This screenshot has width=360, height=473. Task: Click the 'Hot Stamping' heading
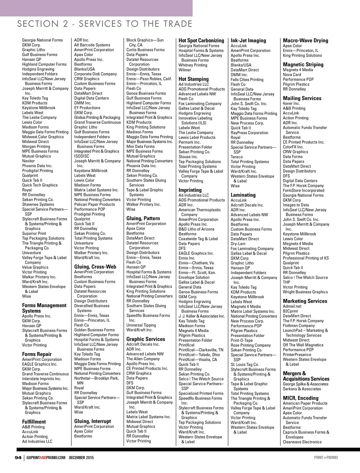(x=193, y=79)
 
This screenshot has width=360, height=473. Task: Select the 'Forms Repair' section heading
(x=37, y=354)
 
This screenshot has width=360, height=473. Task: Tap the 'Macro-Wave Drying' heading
(x=306, y=40)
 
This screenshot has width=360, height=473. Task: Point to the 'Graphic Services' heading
(x=146, y=339)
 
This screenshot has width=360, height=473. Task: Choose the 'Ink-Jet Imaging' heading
(x=248, y=40)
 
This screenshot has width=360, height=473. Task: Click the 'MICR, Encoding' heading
(x=301, y=398)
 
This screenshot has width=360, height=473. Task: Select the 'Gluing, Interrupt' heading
(x=92, y=421)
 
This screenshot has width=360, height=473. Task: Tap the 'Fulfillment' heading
(x=34, y=422)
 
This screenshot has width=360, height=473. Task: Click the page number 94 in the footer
(x=18, y=458)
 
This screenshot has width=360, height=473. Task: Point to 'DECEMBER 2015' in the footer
(x=81, y=458)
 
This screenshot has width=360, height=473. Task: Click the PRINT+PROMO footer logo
(x=326, y=458)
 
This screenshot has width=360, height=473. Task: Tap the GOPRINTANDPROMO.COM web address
(x=46, y=458)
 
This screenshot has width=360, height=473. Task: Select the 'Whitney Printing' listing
(x=193, y=65)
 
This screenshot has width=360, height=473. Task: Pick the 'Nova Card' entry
(x=292, y=75)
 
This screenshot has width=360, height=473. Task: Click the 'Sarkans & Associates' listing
(x=302, y=389)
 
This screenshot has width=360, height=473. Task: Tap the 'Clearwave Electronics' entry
(x=302, y=442)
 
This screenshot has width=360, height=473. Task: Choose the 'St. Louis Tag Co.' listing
(x=245, y=365)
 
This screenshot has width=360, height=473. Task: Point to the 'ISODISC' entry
(x=82, y=156)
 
